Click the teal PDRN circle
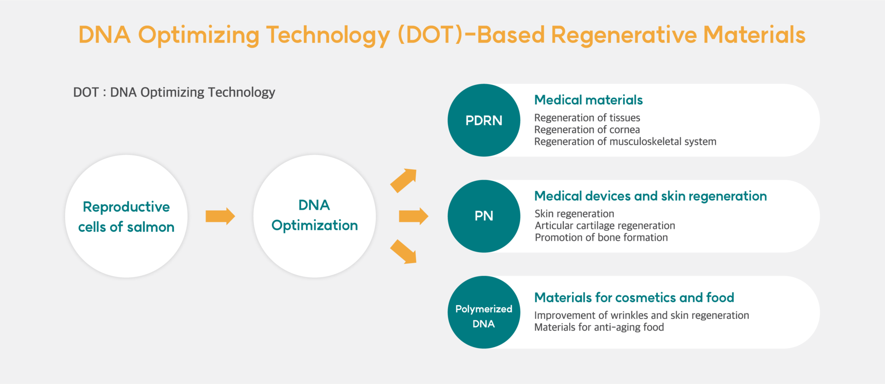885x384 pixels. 484,120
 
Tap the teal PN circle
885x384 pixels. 484,216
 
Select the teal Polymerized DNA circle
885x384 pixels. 484,312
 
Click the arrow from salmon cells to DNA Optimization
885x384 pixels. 220,216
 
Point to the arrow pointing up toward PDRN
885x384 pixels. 404,180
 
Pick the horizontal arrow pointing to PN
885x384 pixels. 413,216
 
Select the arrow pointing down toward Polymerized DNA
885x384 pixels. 404,252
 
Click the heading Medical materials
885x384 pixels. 588,100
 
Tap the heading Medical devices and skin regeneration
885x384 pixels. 650,197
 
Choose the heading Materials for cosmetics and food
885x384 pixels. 634,298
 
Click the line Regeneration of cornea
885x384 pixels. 587,130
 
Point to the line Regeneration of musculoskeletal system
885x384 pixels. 625,142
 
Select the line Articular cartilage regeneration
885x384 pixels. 605,226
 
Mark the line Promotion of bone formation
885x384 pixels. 601,238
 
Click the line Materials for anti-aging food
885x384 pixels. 599,327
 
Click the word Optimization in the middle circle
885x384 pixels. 314,226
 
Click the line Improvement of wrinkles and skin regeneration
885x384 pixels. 642,316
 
